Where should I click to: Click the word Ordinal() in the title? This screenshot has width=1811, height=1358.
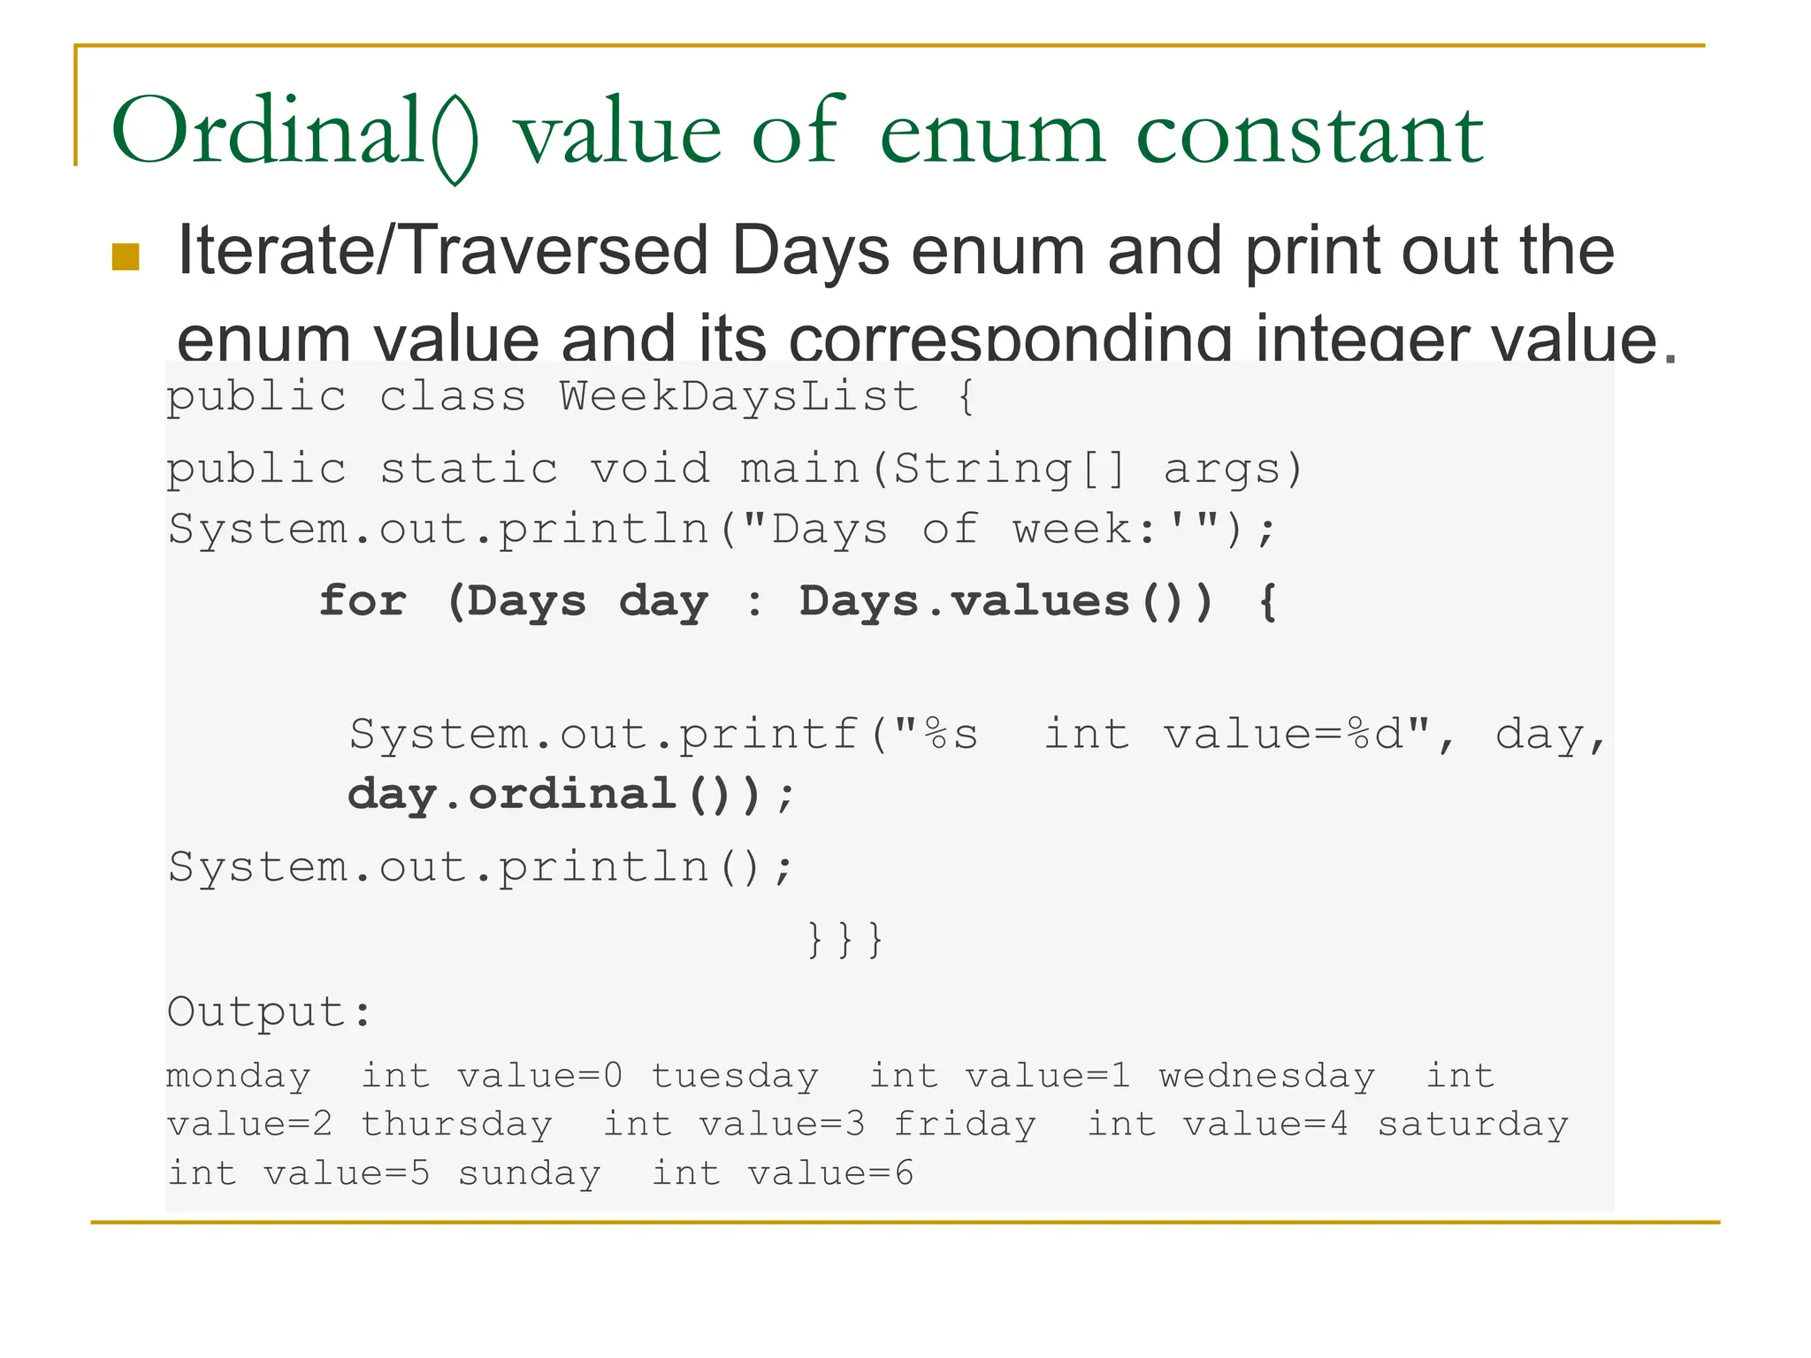coord(294,133)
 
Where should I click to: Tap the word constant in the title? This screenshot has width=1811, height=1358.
coord(1310,133)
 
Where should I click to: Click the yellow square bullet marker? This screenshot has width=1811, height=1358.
coord(126,256)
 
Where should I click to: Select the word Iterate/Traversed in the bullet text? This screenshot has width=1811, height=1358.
coord(443,251)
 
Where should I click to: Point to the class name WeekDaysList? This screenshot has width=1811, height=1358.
coord(738,395)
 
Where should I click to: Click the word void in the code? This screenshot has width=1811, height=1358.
coord(650,468)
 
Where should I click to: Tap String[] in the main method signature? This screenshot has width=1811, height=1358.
coord(1009,468)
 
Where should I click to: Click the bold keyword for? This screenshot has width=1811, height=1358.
coord(363,601)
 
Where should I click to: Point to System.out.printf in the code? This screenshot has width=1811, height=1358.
coord(605,734)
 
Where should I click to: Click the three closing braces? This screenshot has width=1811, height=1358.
coord(844,939)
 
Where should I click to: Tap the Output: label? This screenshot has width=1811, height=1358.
coord(269,1011)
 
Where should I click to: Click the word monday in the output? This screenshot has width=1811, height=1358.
coord(239,1076)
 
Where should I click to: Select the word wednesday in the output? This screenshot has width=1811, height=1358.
coord(1267,1076)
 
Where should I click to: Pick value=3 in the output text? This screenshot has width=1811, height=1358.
coord(782,1125)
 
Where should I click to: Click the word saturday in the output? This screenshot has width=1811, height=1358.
coord(1472,1125)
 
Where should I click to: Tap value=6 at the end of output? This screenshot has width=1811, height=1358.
coord(830,1173)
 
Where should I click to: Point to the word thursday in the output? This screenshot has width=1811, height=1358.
coord(456,1125)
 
